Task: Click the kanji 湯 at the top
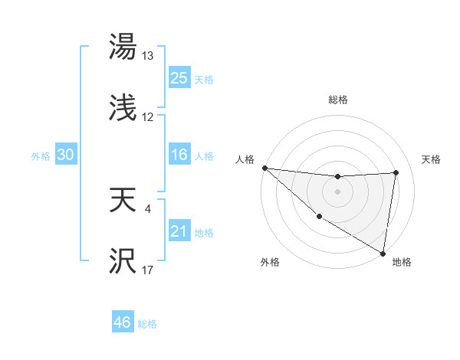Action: (123, 47)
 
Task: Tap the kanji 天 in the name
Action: (123, 201)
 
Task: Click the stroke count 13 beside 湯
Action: (147, 56)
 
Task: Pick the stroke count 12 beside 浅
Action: (147, 117)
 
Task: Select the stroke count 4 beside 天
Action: (146, 207)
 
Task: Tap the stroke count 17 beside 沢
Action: (147, 269)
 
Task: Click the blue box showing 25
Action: (179, 77)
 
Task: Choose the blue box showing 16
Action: (179, 155)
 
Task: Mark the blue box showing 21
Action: (179, 231)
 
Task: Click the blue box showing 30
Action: (66, 155)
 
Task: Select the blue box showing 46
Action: (122, 322)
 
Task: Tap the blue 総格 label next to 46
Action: (147, 324)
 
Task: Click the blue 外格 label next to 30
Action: (41, 155)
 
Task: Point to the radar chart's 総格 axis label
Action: (338, 100)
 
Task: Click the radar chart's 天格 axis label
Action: (432, 159)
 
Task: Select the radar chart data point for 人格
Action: (264, 168)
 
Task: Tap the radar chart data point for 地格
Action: (383, 252)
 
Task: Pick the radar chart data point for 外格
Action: (320, 216)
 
